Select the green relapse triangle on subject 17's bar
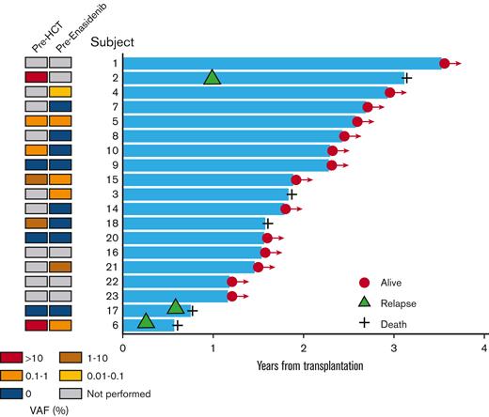pos(176,307)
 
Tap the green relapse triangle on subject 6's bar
pos(146,321)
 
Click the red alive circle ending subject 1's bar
pos(445,63)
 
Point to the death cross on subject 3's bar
pos(292,194)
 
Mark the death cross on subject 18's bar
pos(268,224)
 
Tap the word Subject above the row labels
pos(113,42)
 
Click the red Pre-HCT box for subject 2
pos(35,77)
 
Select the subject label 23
pos(112,296)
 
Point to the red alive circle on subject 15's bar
pos(296,179)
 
